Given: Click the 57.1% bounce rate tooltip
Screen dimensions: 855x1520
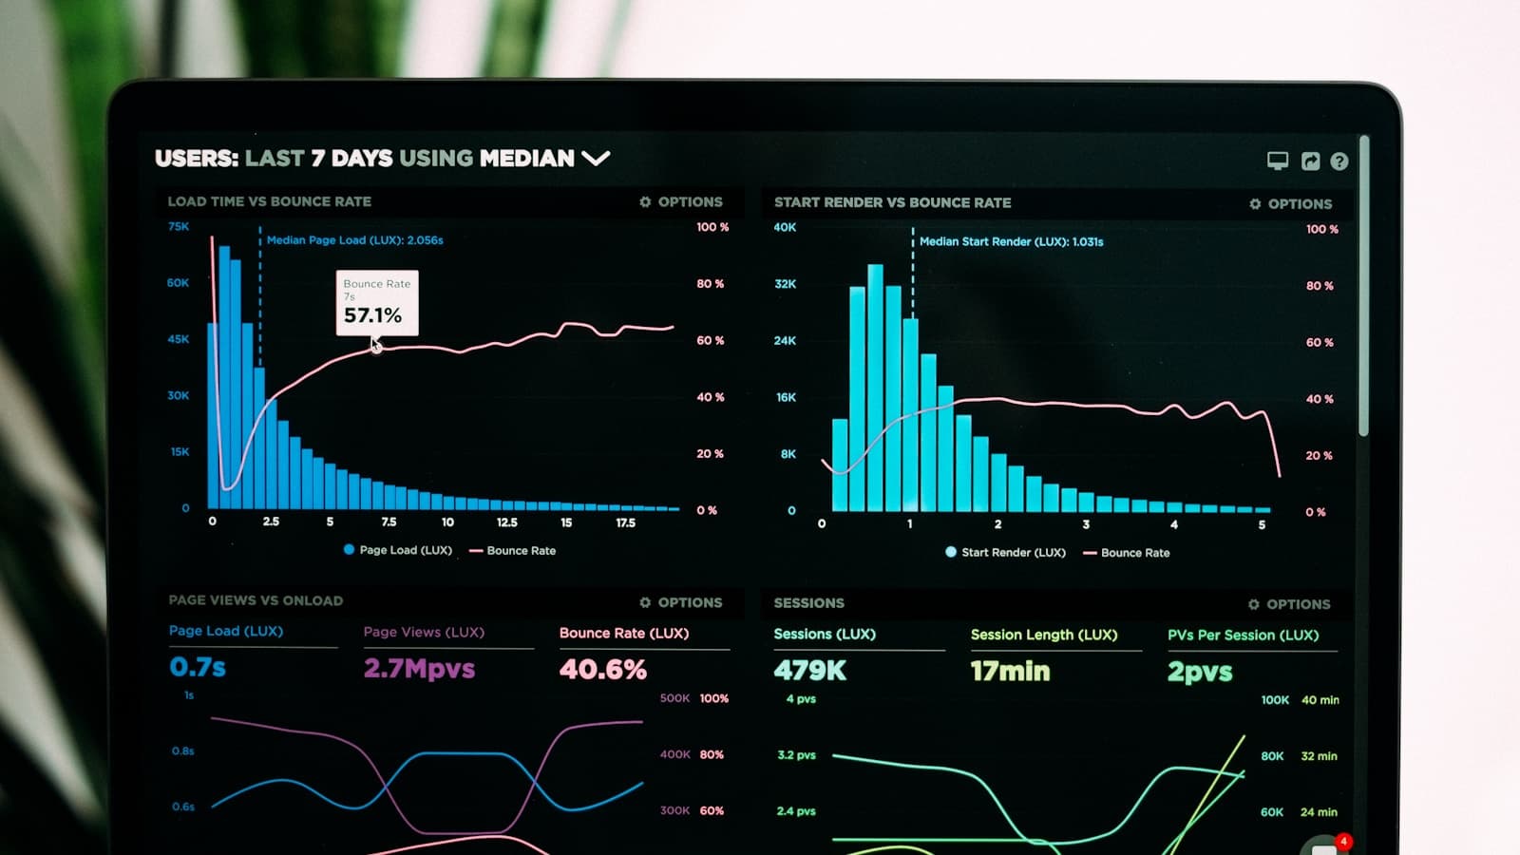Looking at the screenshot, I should (377, 303).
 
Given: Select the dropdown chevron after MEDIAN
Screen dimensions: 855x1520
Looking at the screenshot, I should (596, 158).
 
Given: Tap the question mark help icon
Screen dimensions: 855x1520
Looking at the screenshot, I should (1339, 161).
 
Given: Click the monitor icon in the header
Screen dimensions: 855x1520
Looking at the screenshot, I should (1278, 161).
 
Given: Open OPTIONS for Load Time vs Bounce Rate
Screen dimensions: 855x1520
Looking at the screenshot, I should (681, 201).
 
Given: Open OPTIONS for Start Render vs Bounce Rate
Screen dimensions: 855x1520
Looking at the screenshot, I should (1291, 203).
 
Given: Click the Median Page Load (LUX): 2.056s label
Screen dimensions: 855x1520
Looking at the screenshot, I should (354, 240).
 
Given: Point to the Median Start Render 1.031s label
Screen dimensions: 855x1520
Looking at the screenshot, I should (1011, 241).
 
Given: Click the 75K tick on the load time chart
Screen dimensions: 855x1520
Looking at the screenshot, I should (179, 226).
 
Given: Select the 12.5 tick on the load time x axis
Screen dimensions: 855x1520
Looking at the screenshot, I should (507, 522).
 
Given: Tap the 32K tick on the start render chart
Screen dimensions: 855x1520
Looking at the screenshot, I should (785, 284).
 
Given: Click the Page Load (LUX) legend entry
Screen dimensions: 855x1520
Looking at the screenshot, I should (398, 550).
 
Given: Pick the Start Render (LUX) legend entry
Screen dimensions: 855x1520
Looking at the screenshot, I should (1006, 552).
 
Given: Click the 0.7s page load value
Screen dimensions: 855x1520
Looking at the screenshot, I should (198, 667).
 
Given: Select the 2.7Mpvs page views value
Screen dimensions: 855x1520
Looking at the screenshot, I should (419, 669).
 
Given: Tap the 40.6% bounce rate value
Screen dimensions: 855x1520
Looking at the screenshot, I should (603, 670).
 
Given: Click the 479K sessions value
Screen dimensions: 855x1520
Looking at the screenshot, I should (809, 671).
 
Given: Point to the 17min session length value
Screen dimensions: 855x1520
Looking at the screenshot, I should (1010, 672).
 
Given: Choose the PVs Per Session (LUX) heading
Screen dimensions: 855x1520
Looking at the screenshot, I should (1243, 635).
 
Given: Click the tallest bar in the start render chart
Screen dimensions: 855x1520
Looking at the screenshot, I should (875, 389).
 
